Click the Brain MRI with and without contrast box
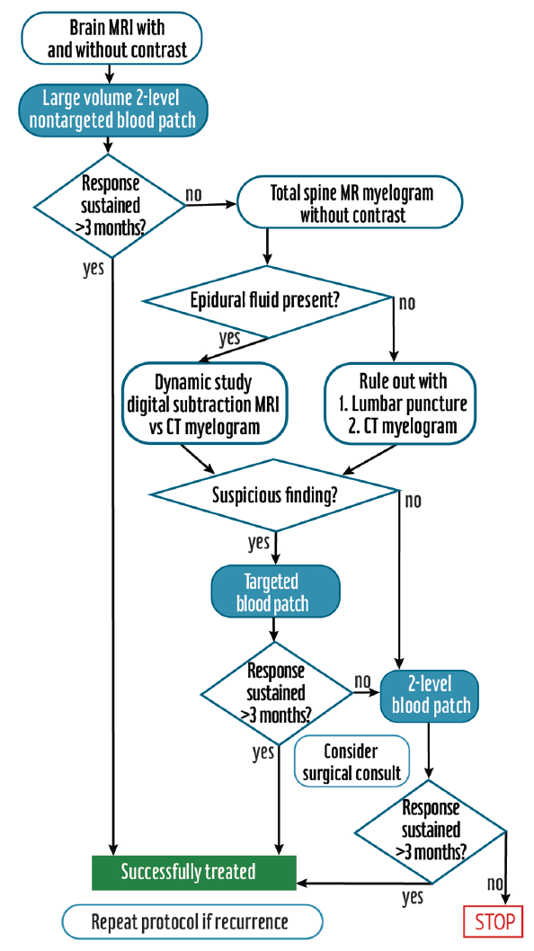pyautogui.click(x=111, y=37)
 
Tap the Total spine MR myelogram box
pyautogui.click(x=351, y=204)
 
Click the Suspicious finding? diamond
pyautogui.click(x=275, y=495)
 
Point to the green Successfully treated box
pyautogui.click(x=193, y=871)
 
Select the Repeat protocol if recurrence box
pyautogui.click(x=191, y=922)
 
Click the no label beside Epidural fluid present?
pyautogui.click(x=406, y=302)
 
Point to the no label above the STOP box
pyautogui.click(x=494, y=884)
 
